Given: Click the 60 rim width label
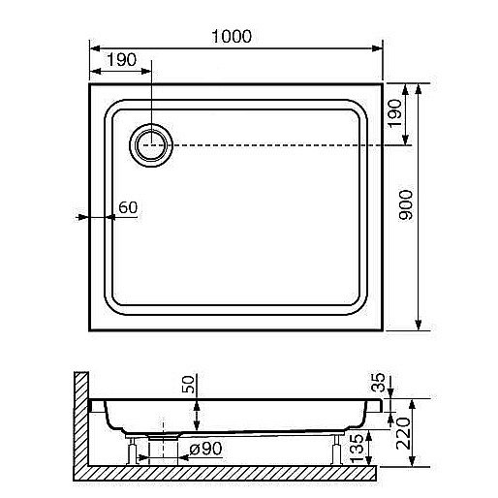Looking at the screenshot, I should (x=128, y=207).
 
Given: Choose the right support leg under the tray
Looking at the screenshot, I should (x=335, y=450).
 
